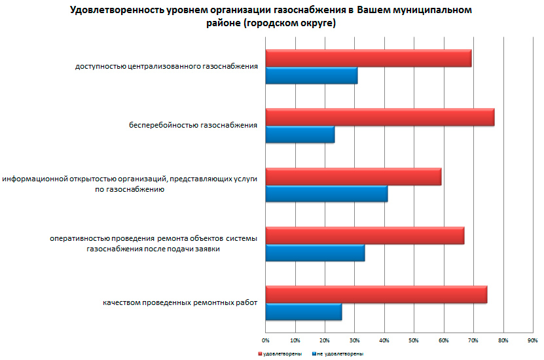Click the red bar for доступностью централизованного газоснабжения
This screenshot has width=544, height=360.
tap(368, 58)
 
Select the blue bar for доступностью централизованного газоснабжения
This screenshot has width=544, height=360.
tap(312, 76)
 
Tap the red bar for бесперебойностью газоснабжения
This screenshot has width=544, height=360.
tap(380, 117)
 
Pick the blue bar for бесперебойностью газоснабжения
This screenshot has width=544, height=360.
tap(300, 135)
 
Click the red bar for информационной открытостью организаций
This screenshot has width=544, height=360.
tap(353, 177)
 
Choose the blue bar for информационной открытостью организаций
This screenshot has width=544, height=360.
tap(326, 194)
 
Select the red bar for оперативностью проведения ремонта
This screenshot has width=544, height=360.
tap(365, 236)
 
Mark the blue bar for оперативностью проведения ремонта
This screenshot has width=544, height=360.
tap(315, 253)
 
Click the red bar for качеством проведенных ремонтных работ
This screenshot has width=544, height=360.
tap(376, 295)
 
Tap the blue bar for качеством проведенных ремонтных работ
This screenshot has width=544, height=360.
tap(303, 312)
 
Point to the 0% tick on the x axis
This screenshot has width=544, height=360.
tap(265, 340)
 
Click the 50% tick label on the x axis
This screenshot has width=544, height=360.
tap(414, 340)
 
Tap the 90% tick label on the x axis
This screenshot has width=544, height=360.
tap(532, 340)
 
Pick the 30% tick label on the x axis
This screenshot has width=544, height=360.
tap(354, 340)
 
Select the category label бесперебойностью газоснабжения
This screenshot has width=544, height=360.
tap(192, 124)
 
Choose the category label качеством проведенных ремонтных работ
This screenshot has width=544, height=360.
tap(180, 302)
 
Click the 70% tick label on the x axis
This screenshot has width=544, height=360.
tap(473, 340)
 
